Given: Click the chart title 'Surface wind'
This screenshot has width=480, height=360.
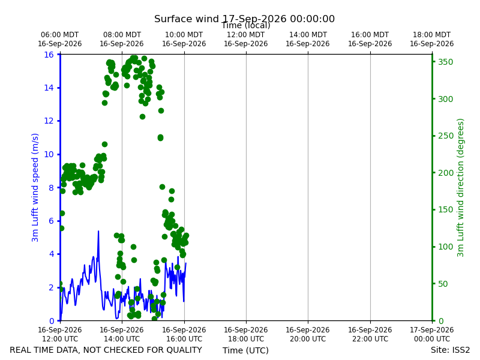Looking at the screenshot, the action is point(187,19).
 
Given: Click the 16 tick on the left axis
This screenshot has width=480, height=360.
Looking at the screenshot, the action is point(49,55).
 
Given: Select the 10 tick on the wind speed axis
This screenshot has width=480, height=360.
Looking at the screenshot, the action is point(49,154).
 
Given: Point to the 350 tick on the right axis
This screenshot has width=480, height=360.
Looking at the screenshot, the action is point(446,62).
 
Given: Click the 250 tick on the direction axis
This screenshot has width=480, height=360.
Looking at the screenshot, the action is point(446,136).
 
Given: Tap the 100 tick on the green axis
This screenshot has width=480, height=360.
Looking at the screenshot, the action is point(446,247).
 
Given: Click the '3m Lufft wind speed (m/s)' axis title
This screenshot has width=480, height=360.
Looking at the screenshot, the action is point(35,187).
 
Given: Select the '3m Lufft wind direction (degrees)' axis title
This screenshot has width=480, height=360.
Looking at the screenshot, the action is point(460,188).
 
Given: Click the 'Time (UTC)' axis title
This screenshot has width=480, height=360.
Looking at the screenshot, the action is point(245,350).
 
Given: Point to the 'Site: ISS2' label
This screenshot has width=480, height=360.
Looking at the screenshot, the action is point(450,350).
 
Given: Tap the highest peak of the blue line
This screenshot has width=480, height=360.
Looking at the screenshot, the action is point(98,231).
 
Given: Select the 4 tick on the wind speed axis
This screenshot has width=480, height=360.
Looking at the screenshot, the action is point(51,254).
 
